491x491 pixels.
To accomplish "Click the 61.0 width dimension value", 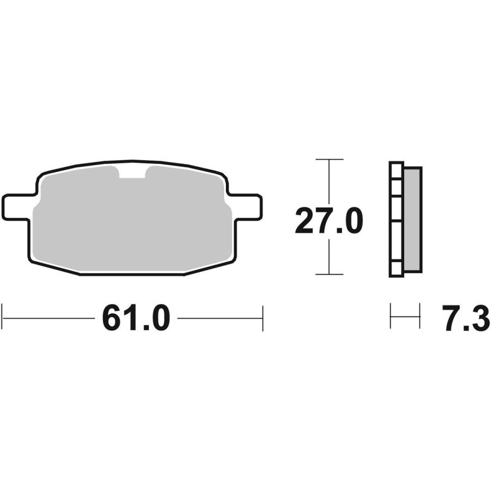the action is click(x=136, y=318).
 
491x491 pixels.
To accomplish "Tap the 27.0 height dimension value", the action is click(x=329, y=221).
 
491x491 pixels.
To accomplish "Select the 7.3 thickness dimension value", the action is click(x=466, y=318).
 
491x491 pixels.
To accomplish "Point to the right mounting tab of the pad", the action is click(x=246, y=207).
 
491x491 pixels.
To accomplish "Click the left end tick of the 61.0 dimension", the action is click(x=2, y=318).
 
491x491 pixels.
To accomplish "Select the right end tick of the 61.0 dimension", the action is click(x=263, y=318).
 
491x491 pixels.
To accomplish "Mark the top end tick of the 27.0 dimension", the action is click(x=329, y=159).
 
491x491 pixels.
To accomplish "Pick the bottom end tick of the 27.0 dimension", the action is click(x=329, y=274).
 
